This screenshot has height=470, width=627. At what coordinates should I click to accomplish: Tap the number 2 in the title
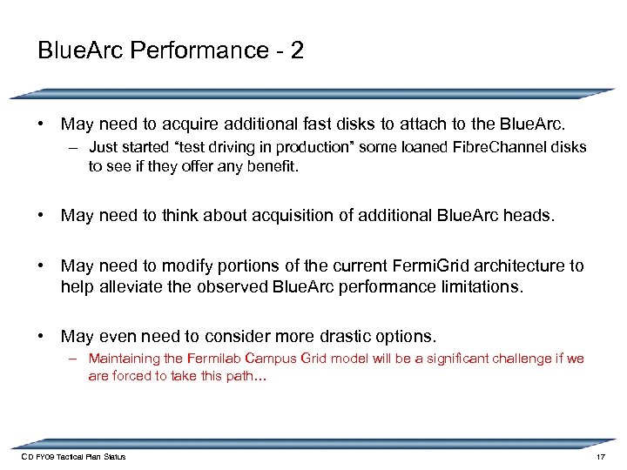298,50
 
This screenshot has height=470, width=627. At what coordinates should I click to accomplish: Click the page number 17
600,457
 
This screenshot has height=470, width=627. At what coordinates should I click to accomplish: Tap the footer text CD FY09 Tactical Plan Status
72,457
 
